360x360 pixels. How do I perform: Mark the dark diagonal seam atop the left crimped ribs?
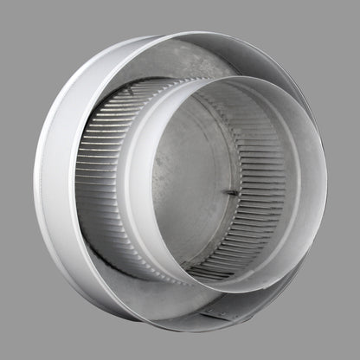pyautogui.click(x=121, y=95)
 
